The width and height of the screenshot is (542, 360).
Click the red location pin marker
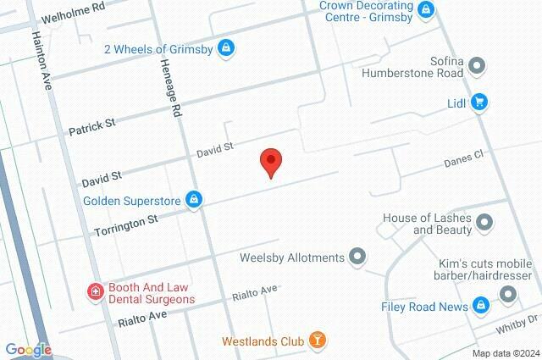tap(270, 161)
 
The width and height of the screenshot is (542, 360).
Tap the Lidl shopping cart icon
tap(479, 102)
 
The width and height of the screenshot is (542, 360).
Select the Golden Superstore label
tap(134, 201)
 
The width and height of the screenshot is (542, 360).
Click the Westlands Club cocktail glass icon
tap(317, 341)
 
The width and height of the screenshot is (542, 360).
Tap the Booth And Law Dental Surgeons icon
tap(96, 292)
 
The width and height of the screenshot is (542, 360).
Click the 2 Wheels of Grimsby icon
tap(225, 47)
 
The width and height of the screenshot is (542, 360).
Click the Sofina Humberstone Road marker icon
tap(477, 65)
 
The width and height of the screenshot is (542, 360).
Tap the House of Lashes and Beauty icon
tap(484, 223)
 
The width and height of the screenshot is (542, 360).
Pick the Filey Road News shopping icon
tap(480, 305)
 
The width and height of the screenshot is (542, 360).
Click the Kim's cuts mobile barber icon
tap(508, 294)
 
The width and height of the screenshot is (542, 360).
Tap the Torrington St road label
tap(127, 224)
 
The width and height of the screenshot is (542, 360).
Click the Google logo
tap(28, 349)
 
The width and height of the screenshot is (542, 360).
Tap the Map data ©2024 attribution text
tap(505, 353)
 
